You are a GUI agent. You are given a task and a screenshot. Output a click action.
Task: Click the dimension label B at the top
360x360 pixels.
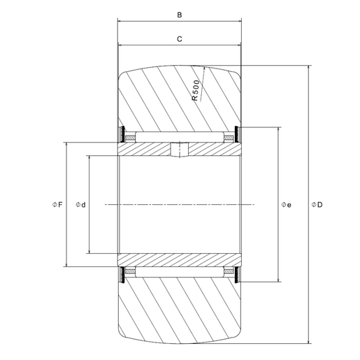(x=180, y=14)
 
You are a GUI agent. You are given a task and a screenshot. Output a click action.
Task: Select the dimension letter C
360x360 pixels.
(x=180, y=39)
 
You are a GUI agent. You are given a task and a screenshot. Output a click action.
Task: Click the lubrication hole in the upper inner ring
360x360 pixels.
(x=180, y=150)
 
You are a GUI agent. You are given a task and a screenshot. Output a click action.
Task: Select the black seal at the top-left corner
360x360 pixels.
(x=122, y=134)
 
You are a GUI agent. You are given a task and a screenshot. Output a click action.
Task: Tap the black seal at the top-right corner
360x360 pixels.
(x=238, y=134)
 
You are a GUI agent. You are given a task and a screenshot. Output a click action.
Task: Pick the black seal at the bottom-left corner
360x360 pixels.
(x=122, y=275)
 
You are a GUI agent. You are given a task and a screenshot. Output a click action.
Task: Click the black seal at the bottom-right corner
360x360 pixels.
(x=238, y=275)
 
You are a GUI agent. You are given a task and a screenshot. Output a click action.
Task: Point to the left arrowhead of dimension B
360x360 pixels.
(x=120, y=22)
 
